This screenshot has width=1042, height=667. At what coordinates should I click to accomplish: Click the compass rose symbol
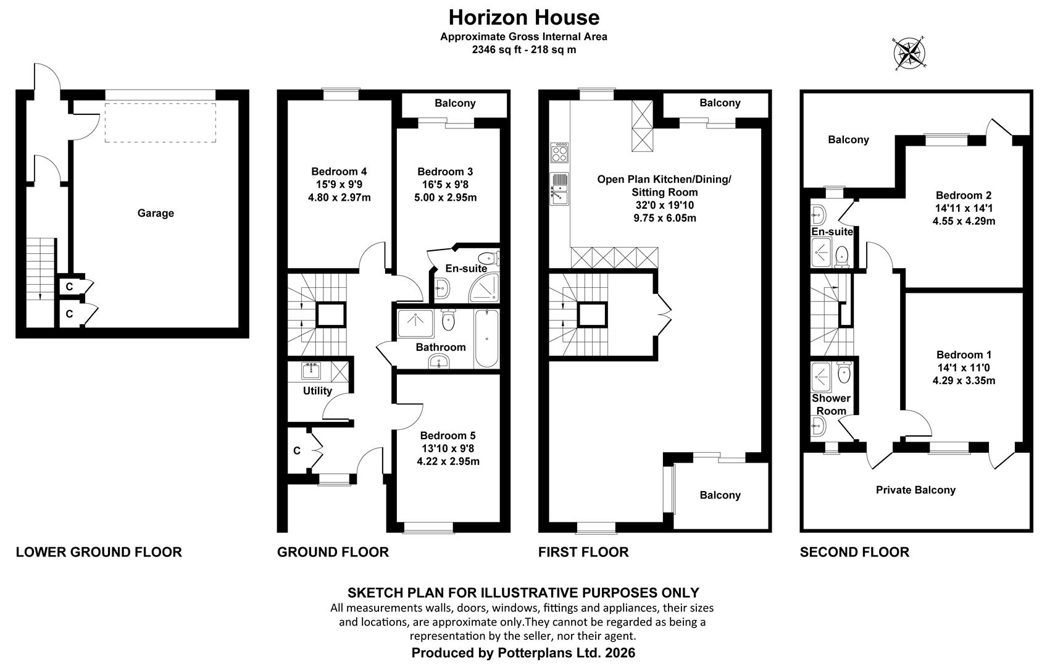click(909, 54)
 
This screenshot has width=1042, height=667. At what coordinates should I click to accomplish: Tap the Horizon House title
click(524, 18)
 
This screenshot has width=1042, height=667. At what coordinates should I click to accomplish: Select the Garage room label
click(156, 213)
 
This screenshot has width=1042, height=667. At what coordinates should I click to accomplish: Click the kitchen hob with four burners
click(559, 153)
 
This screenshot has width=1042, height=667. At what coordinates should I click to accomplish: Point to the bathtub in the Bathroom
click(487, 338)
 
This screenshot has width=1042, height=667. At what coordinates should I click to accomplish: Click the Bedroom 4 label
click(339, 172)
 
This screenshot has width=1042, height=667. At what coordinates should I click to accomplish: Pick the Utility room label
click(317, 391)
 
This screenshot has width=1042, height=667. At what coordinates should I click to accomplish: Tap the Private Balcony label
click(915, 490)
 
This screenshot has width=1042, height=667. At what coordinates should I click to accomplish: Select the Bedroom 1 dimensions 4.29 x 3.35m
click(964, 380)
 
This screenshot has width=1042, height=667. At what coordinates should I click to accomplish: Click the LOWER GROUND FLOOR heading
click(99, 552)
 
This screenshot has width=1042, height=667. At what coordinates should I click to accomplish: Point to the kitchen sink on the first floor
click(559, 188)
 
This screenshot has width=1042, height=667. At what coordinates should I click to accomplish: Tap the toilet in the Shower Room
click(844, 373)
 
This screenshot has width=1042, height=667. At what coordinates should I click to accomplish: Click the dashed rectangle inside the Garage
click(160, 122)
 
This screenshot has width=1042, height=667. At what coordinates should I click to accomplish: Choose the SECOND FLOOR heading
click(854, 552)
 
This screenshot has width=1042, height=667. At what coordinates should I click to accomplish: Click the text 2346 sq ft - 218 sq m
click(524, 50)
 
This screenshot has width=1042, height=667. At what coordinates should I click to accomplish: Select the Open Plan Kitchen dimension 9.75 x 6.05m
click(665, 218)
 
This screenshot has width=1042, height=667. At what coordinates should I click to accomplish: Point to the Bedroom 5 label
click(448, 435)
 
